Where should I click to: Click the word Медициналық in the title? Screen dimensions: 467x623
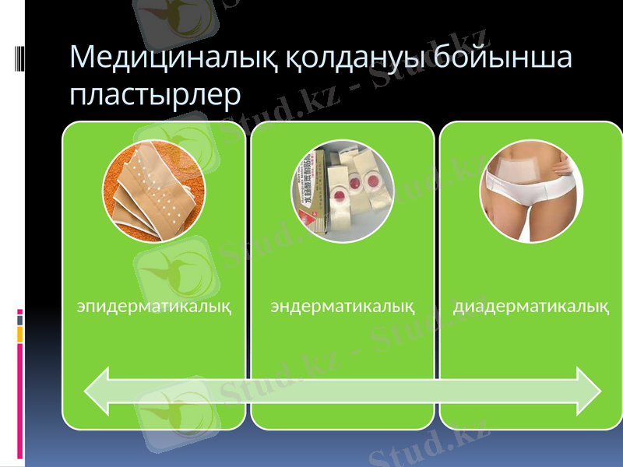pos(185,58)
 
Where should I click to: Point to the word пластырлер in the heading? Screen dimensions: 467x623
pos(155,95)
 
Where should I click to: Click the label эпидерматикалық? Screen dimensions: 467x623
pos(154,305)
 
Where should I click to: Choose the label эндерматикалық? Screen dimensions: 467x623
pos(342,305)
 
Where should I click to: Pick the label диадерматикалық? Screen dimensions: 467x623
pos(531,305)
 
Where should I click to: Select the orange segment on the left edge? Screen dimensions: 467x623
pos(20,334)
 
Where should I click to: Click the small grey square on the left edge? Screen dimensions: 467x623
pos(20,320)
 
